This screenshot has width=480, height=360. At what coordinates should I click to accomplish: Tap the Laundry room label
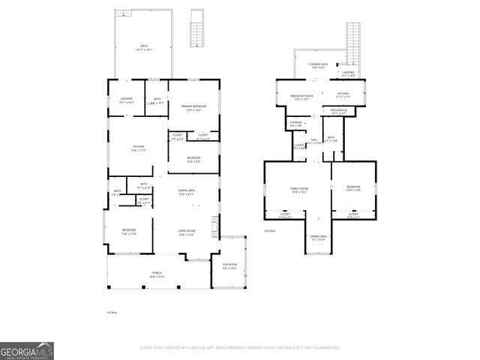point(126,100)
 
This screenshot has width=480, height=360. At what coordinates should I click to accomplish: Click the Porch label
point(157,274)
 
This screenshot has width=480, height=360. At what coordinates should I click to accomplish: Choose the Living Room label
point(187,232)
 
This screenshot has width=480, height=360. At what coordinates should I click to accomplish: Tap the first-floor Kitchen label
point(138,148)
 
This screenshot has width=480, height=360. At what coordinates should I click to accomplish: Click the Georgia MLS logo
point(27,351)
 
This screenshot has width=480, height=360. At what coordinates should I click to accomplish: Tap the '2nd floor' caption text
point(269,231)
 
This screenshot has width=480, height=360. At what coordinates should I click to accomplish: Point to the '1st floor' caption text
point(112,312)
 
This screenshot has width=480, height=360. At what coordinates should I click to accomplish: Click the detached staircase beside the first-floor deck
point(198,30)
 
